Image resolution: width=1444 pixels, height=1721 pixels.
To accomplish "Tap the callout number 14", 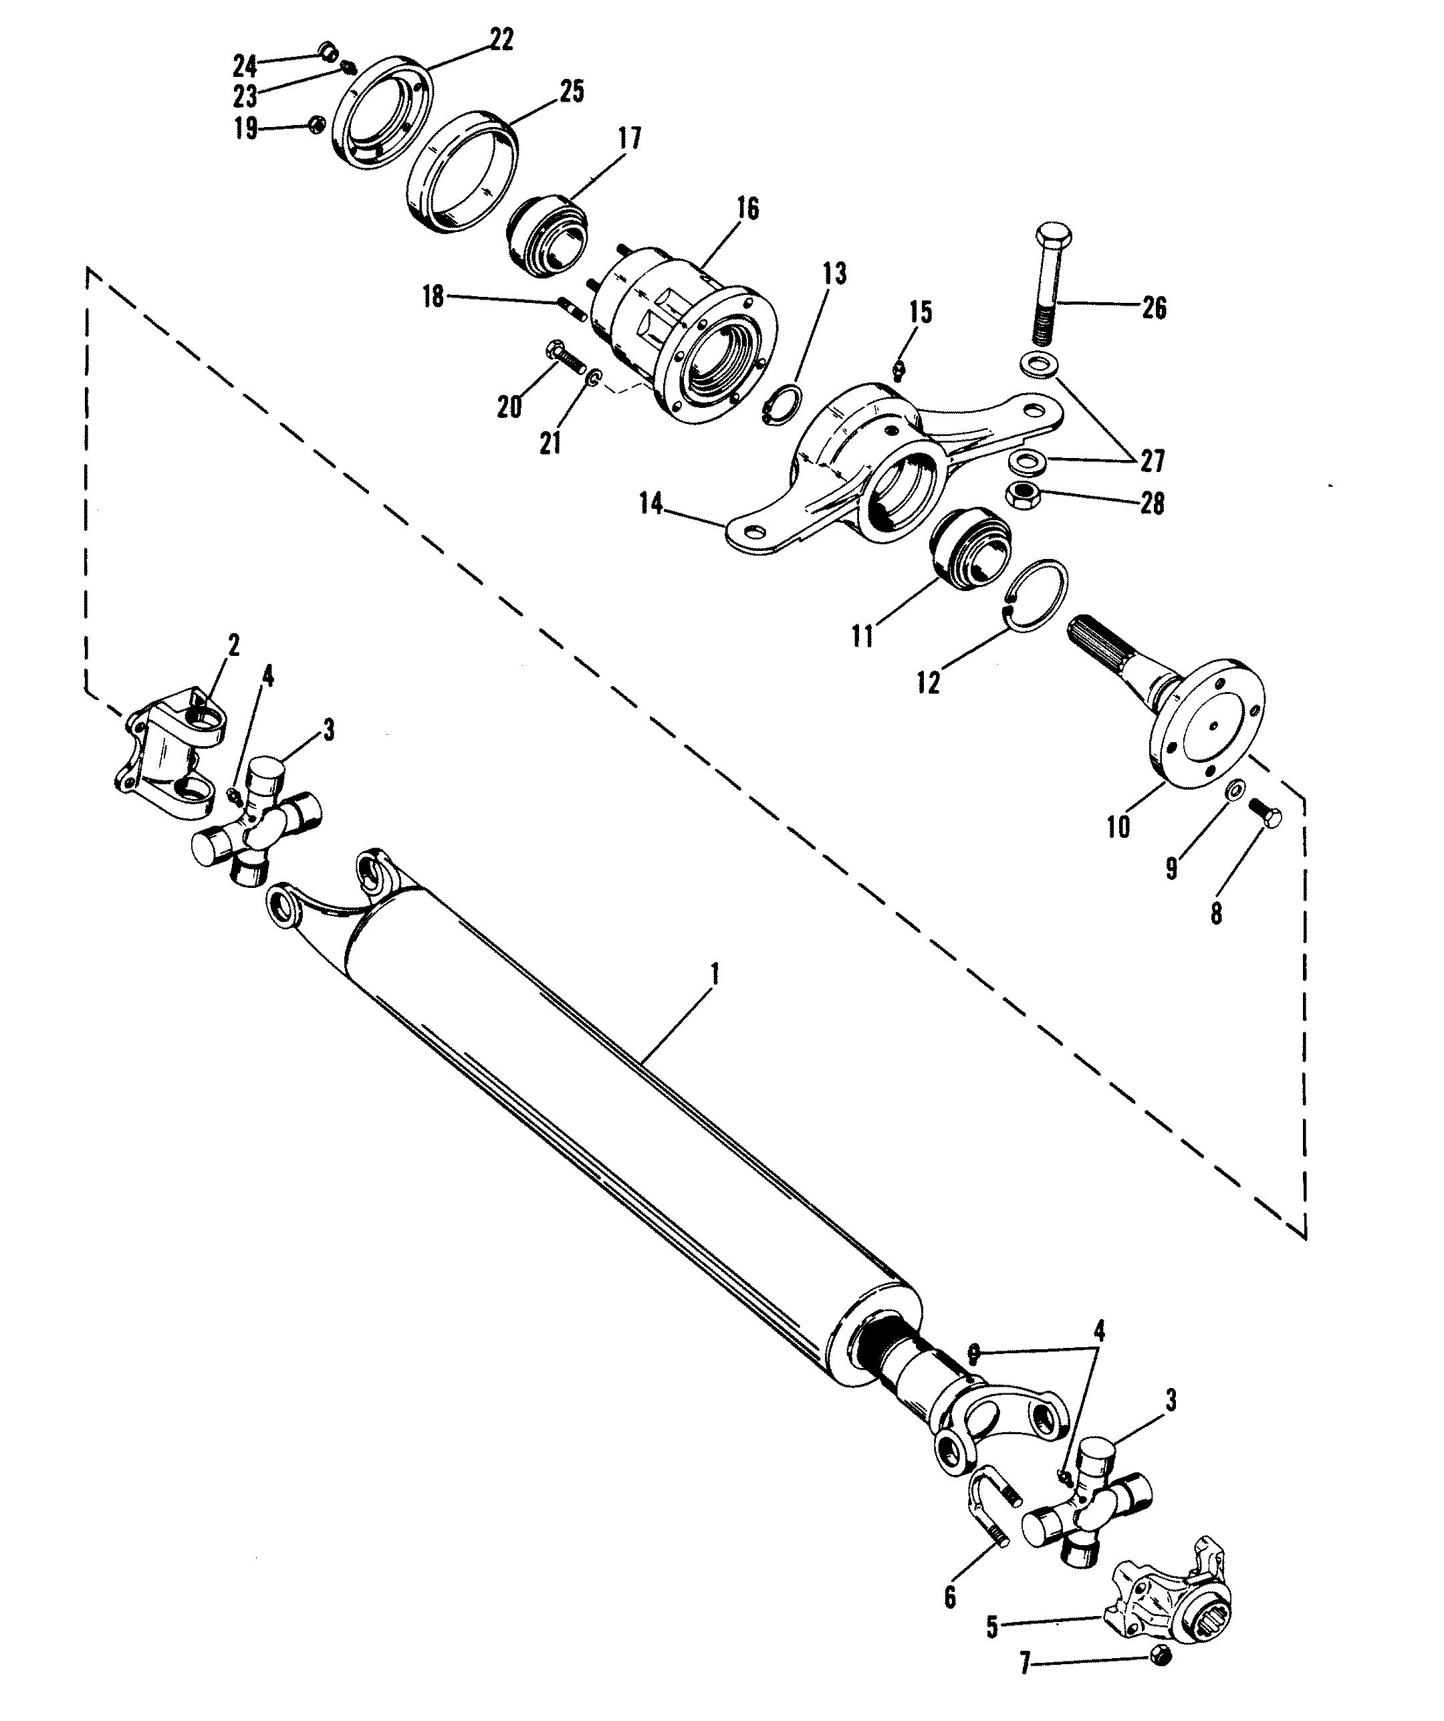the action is [652, 505].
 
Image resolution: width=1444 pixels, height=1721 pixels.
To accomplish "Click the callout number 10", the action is [1118, 826].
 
